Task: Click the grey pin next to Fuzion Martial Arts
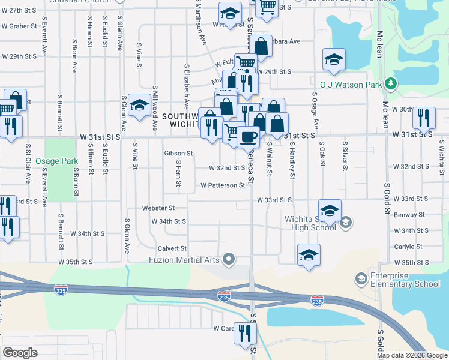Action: (228, 260)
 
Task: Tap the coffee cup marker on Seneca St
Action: (248, 137)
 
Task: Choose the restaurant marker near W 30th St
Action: (424, 118)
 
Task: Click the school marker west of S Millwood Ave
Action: (139, 107)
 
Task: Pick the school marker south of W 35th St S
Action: (309, 254)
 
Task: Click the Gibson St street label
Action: (178, 154)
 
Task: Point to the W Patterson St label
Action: (223, 185)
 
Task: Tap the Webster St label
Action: (158, 208)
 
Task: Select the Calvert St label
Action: (172, 248)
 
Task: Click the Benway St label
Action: (409, 214)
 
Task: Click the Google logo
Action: (20, 353)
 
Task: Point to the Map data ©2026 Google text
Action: (412, 355)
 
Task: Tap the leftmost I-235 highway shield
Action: (61, 290)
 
